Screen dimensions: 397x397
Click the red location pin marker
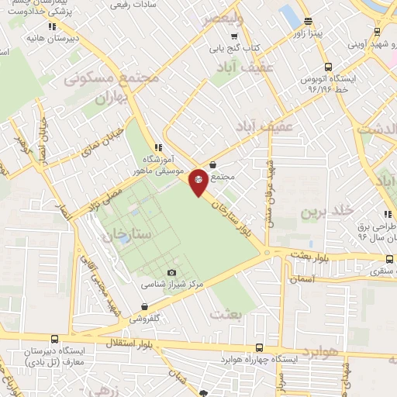click(198, 182)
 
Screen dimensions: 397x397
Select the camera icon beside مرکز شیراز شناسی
click(172, 272)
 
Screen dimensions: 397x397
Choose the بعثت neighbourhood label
click(226, 314)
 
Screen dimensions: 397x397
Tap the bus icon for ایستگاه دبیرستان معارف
click(54, 338)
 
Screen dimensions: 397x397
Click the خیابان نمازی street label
click(96, 147)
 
